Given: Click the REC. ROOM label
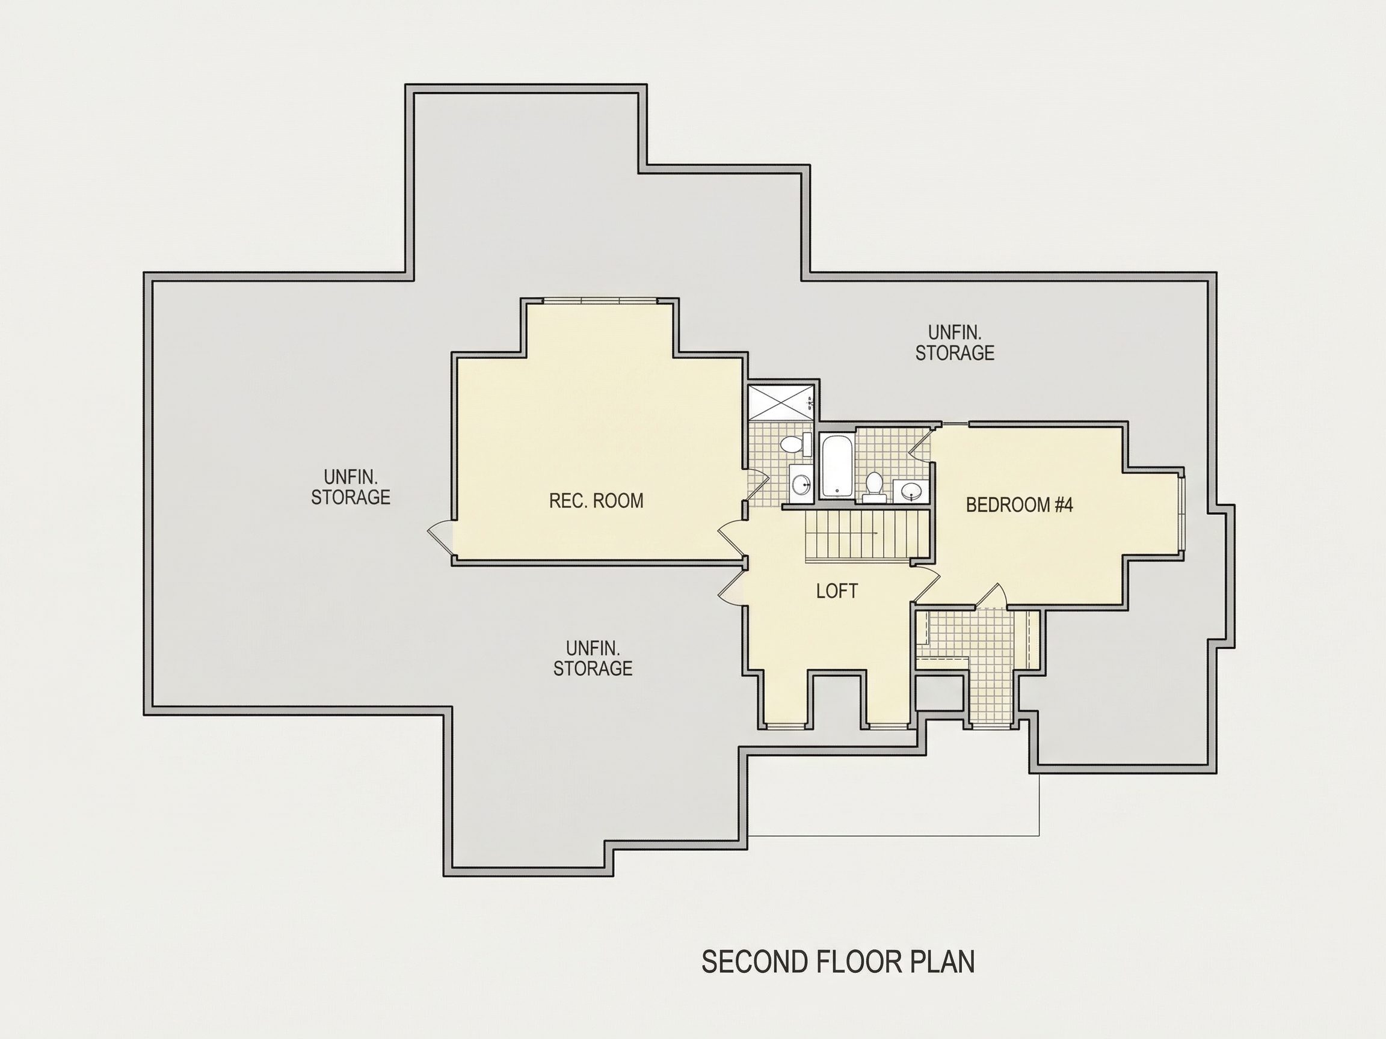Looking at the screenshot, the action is pyautogui.click(x=596, y=501).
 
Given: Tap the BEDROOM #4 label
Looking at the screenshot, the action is pyautogui.click(x=1020, y=505).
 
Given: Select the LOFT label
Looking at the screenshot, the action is pyautogui.click(x=837, y=590).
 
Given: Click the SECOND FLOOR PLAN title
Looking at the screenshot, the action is pyautogui.click(x=838, y=961).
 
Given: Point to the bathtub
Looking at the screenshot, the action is pyautogui.click(x=835, y=467).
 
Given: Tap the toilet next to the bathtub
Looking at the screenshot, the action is pyautogui.click(x=874, y=487).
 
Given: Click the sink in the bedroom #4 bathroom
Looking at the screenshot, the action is pyautogui.click(x=912, y=491).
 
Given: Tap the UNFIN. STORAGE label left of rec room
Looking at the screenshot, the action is pyautogui.click(x=351, y=486).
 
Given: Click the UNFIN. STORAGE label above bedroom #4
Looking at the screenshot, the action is pyautogui.click(x=954, y=343).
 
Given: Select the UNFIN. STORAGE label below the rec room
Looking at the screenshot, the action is pyautogui.click(x=593, y=658).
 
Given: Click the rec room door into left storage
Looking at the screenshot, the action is pyautogui.click(x=440, y=536).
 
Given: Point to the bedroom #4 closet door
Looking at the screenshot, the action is pyautogui.click(x=991, y=596).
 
